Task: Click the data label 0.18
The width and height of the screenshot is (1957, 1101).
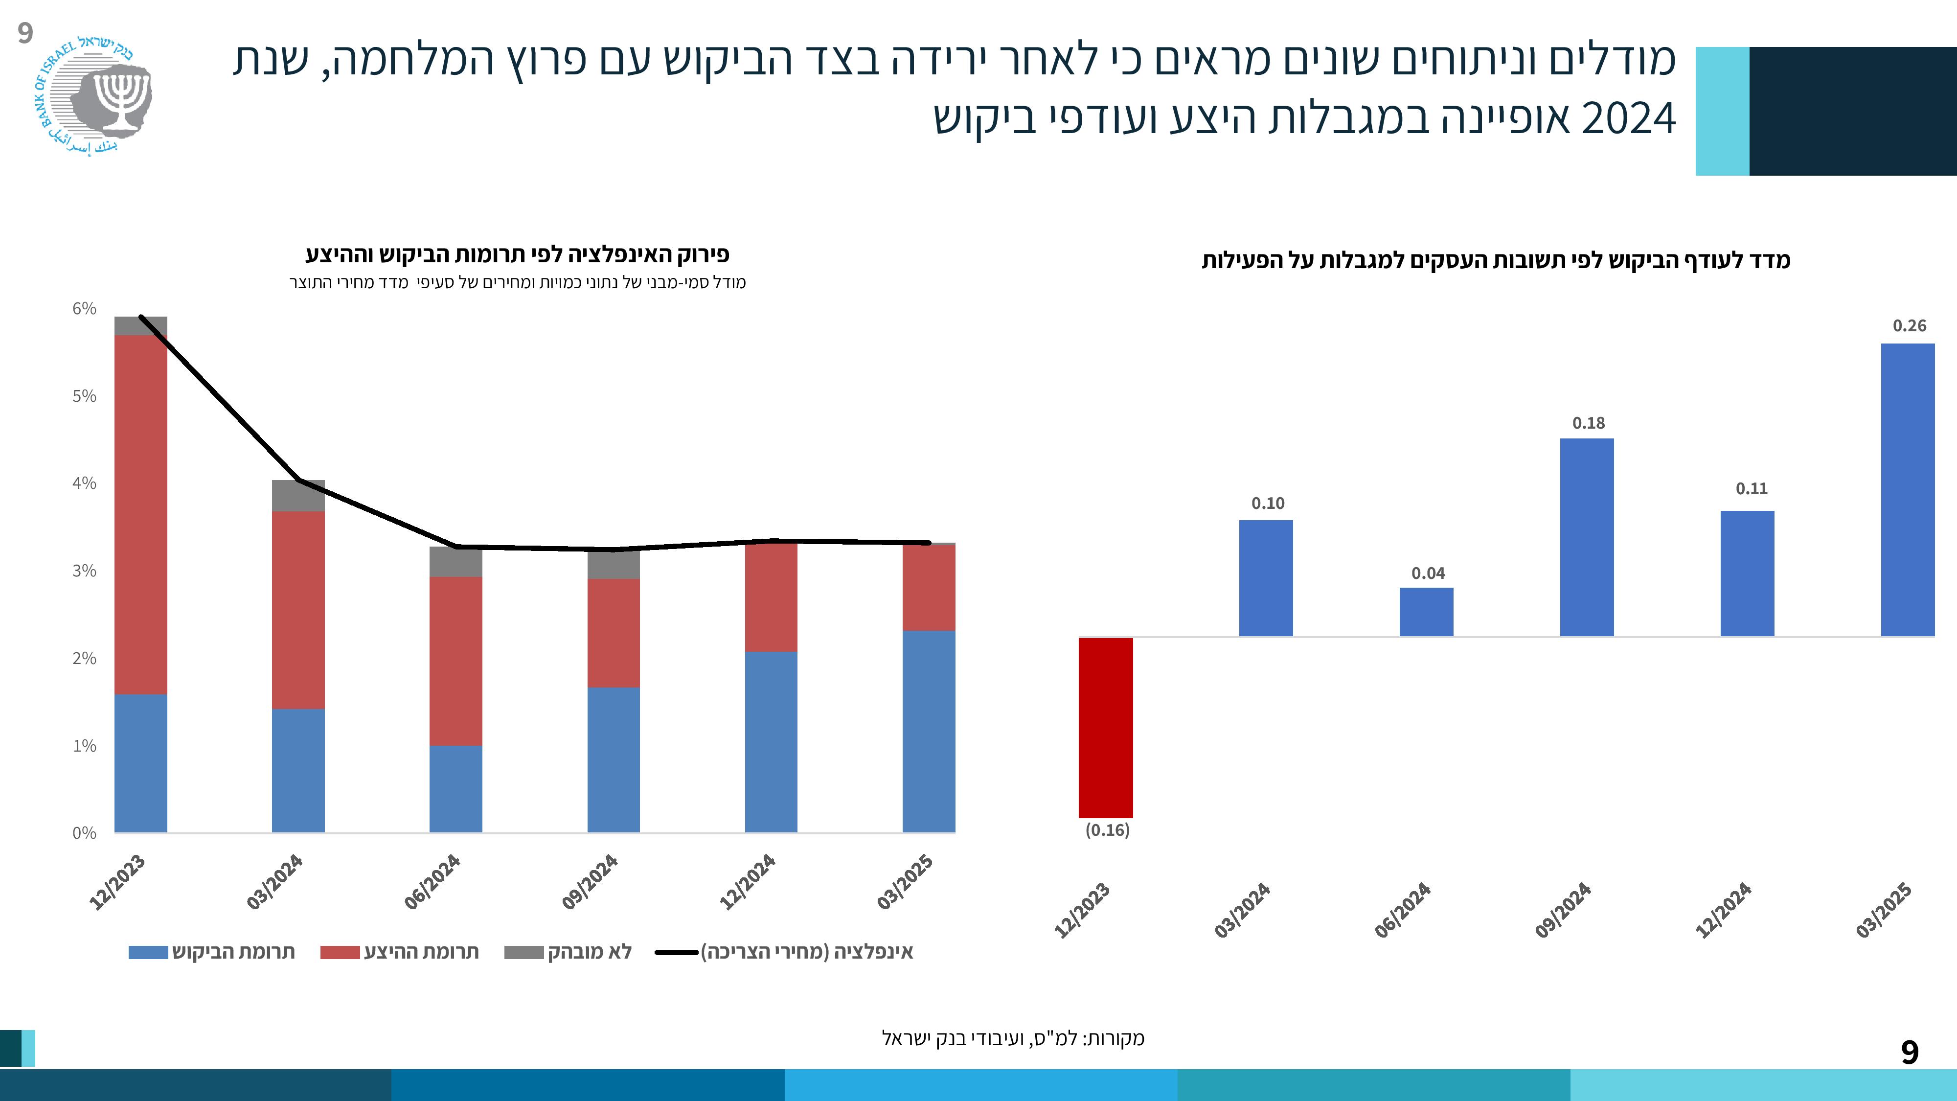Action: tap(1588, 423)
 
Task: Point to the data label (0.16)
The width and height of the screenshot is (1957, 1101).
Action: tap(1107, 830)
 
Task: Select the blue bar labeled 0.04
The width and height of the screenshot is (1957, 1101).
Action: tap(1426, 612)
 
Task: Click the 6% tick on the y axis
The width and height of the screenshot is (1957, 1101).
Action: tap(84, 308)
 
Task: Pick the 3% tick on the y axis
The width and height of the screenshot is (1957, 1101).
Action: tap(84, 571)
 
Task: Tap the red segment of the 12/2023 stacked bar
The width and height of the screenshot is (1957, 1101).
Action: tap(140, 514)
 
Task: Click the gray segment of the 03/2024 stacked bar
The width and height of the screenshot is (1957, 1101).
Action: tap(298, 495)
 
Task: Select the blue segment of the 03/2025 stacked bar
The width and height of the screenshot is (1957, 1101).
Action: tap(929, 731)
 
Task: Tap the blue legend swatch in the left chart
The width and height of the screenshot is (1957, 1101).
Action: tap(148, 952)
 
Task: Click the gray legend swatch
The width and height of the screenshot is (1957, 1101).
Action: tap(523, 952)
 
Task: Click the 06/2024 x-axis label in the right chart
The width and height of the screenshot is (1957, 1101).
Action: tap(1402, 910)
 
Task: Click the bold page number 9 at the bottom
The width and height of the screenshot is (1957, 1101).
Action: tap(1909, 1053)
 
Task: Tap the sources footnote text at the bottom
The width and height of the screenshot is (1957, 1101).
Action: tap(1013, 1038)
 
